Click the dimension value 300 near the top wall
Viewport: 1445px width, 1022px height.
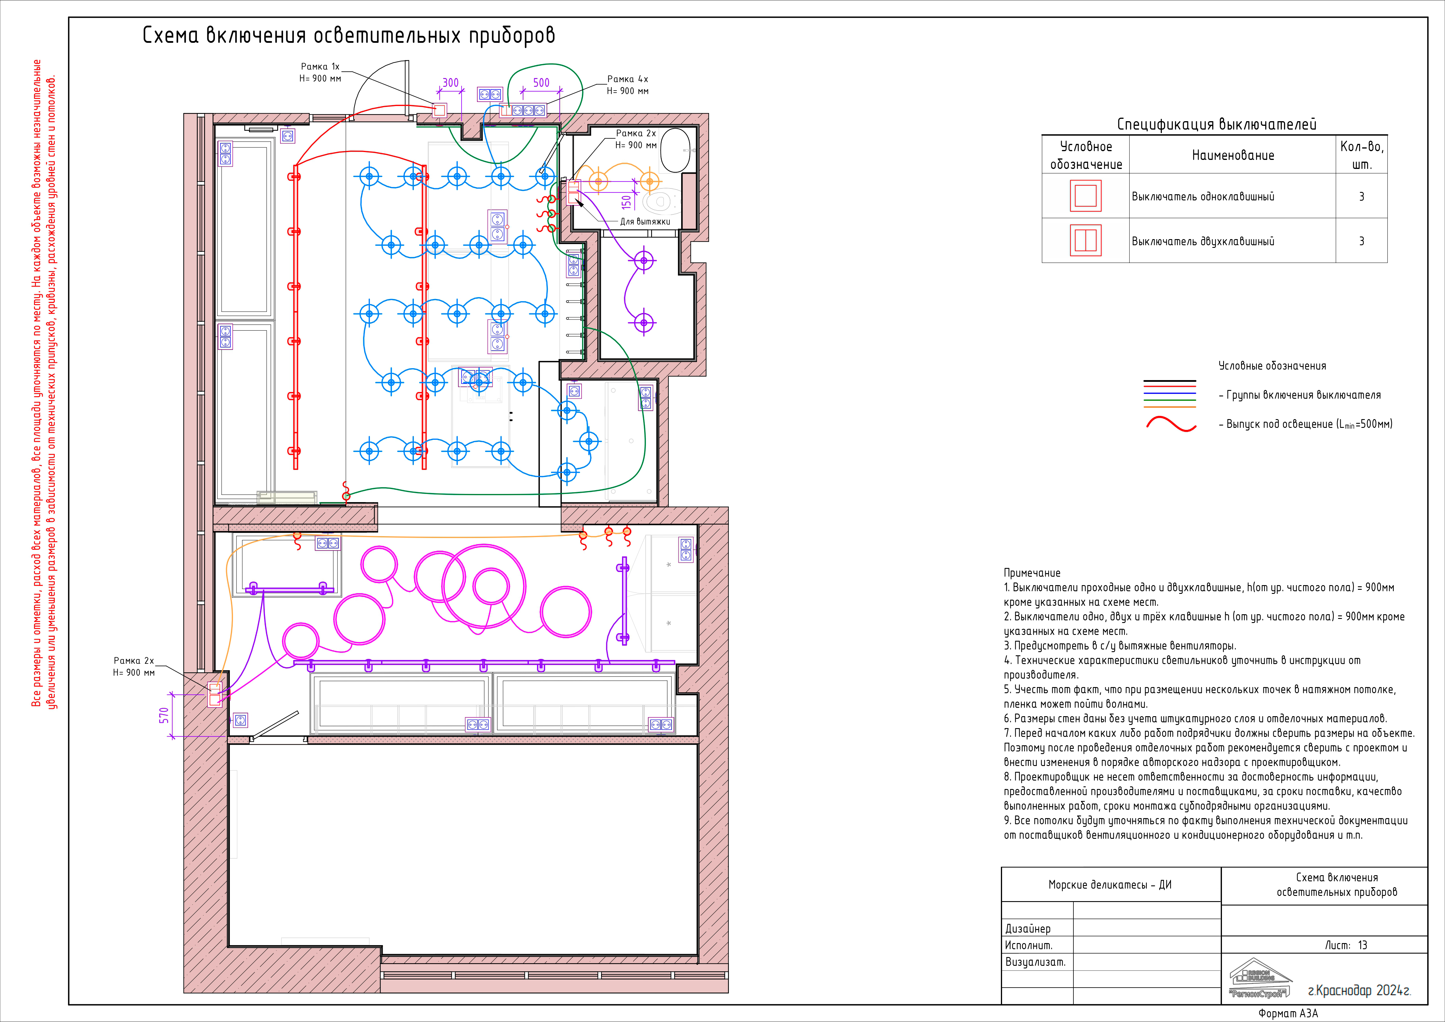tap(451, 83)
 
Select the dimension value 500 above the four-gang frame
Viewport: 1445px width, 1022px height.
tap(541, 83)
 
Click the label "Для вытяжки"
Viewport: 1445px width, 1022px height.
tap(645, 222)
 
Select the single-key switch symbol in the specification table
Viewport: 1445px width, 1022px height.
tap(1086, 196)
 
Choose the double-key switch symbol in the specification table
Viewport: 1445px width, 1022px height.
tap(1086, 240)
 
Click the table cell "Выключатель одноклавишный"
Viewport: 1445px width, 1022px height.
tap(1203, 196)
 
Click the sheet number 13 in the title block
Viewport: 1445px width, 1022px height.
tap(1363, 945)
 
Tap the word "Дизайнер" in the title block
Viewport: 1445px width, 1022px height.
tap(1028, 929)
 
